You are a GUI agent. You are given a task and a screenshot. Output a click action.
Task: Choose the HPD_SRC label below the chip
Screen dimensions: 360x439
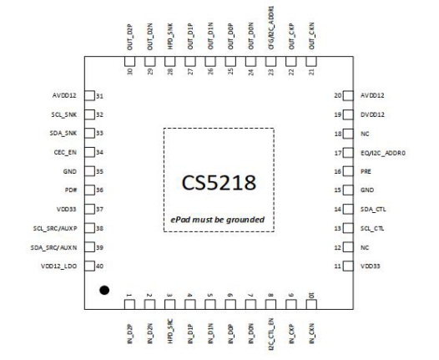pyautogui.click(x=169, y=327)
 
